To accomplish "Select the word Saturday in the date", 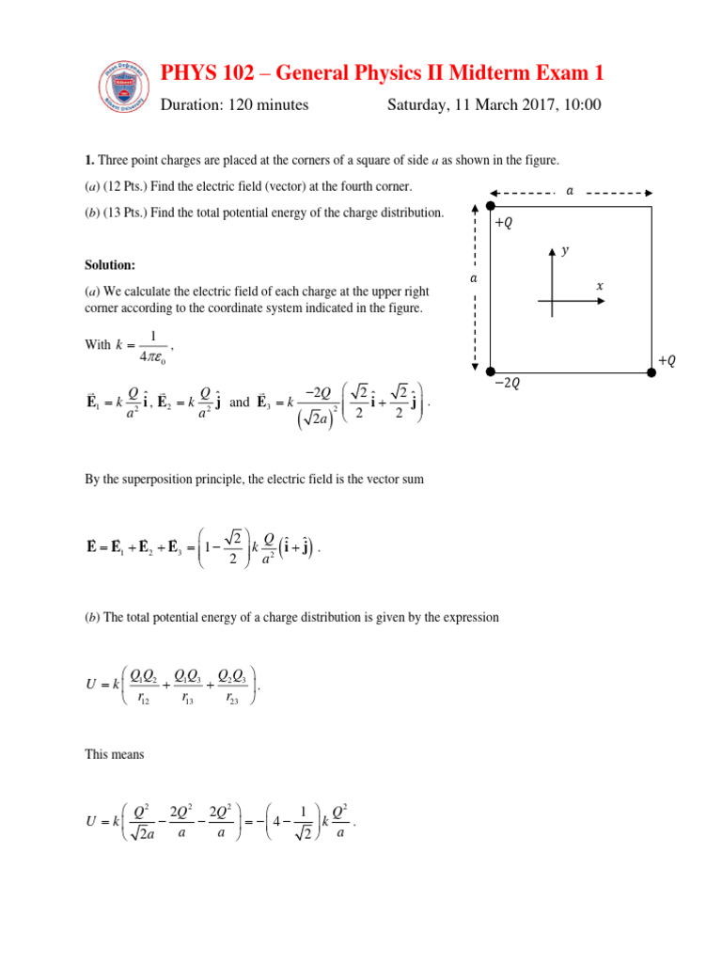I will (419, 105).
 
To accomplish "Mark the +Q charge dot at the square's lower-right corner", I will (651, 373).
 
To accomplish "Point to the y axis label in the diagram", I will (564, 250).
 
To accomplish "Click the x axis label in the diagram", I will (600, 285).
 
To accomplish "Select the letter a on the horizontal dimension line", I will (569, 191).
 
